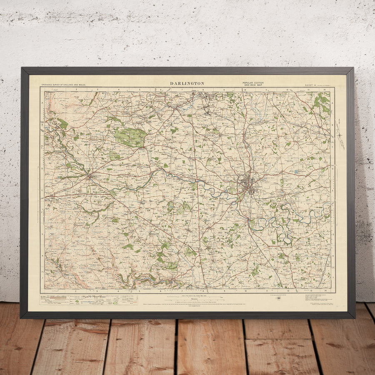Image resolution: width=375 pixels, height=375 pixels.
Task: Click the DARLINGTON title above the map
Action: [x=187, y=83]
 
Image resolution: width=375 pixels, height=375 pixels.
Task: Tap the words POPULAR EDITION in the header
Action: [x=253, y=82]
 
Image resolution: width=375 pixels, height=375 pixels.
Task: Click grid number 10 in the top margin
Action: [x=245, y=89]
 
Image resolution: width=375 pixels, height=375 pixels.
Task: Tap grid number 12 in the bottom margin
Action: [x=287, y=290]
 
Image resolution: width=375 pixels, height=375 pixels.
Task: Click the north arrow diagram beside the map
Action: [x=340, y=135]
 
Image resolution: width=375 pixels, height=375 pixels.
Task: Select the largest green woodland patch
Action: [x=130, y=137]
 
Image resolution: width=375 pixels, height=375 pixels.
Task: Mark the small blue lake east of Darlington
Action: [x=296, y=171]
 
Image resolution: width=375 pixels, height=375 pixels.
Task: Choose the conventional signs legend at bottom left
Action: [x=83, y=300]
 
